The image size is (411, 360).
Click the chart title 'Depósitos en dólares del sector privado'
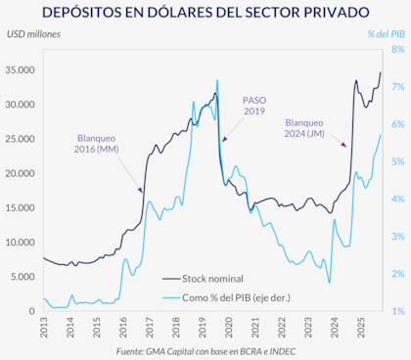[205, 14]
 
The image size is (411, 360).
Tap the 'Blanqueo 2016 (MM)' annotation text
[96, 144]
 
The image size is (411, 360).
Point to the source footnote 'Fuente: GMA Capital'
[205, 350]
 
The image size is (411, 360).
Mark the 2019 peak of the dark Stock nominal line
[216, 80]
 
